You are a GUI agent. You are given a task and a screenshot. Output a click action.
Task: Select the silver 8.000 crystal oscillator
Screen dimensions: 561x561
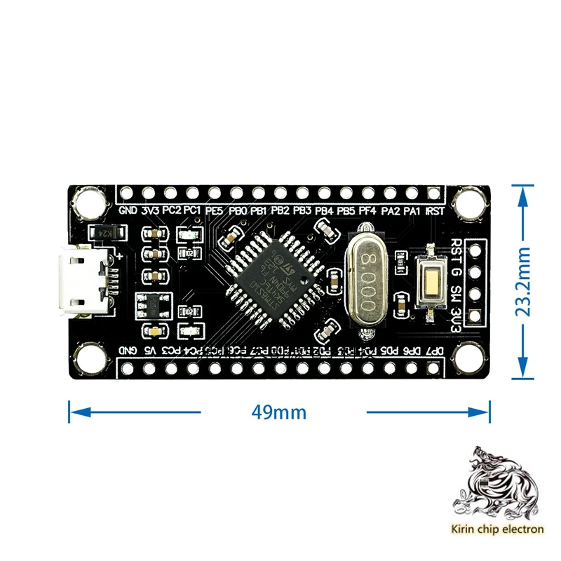click(x=370, y=275)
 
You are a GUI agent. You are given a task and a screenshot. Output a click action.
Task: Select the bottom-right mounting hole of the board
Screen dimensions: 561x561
click(x=468, y=356)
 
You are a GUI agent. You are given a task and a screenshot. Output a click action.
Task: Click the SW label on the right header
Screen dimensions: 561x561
click(x=457, y=292)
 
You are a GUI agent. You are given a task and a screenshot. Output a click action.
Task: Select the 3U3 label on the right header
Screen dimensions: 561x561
click(x=457, y=313)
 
